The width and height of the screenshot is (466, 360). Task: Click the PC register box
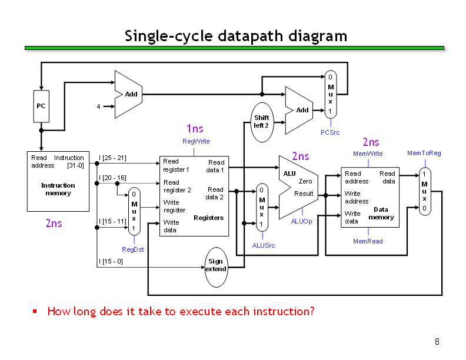click(x=41, y=106)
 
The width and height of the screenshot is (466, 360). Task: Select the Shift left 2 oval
click(x=262, y=122)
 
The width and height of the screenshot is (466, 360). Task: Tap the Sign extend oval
click(x=216, y=267)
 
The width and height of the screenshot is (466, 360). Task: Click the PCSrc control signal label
click(x=330, y=132)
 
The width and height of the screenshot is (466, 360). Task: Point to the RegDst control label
click(x=132, y=249)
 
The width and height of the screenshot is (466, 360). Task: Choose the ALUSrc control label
click(x=264, y=245)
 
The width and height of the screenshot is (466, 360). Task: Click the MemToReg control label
click(x=424, y=153)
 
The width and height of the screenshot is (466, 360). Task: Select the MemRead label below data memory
click(x=368, y=241)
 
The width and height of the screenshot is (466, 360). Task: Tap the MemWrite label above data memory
click(x=368, y=154)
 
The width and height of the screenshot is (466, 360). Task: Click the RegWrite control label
click(x=196, y=141)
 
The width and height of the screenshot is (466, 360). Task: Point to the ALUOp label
click(x=301, y=221)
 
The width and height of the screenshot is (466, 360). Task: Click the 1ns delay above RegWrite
click(x=195, y=129)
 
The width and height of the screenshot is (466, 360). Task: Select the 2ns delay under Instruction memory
click(x=54, y=223)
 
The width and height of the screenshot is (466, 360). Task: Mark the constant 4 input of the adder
click(x=98, y=106)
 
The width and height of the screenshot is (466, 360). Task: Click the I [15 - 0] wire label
click(x=111, y=261)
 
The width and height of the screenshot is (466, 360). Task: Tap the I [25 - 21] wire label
click(x=112, y=158)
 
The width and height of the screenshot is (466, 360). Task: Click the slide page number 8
click(x=437, y=342)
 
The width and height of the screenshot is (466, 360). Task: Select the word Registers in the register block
click(x=209, y=218)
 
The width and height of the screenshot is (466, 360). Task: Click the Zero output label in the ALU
click(x=305, y=181)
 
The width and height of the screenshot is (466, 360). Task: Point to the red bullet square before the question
click(x=35, y=311)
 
